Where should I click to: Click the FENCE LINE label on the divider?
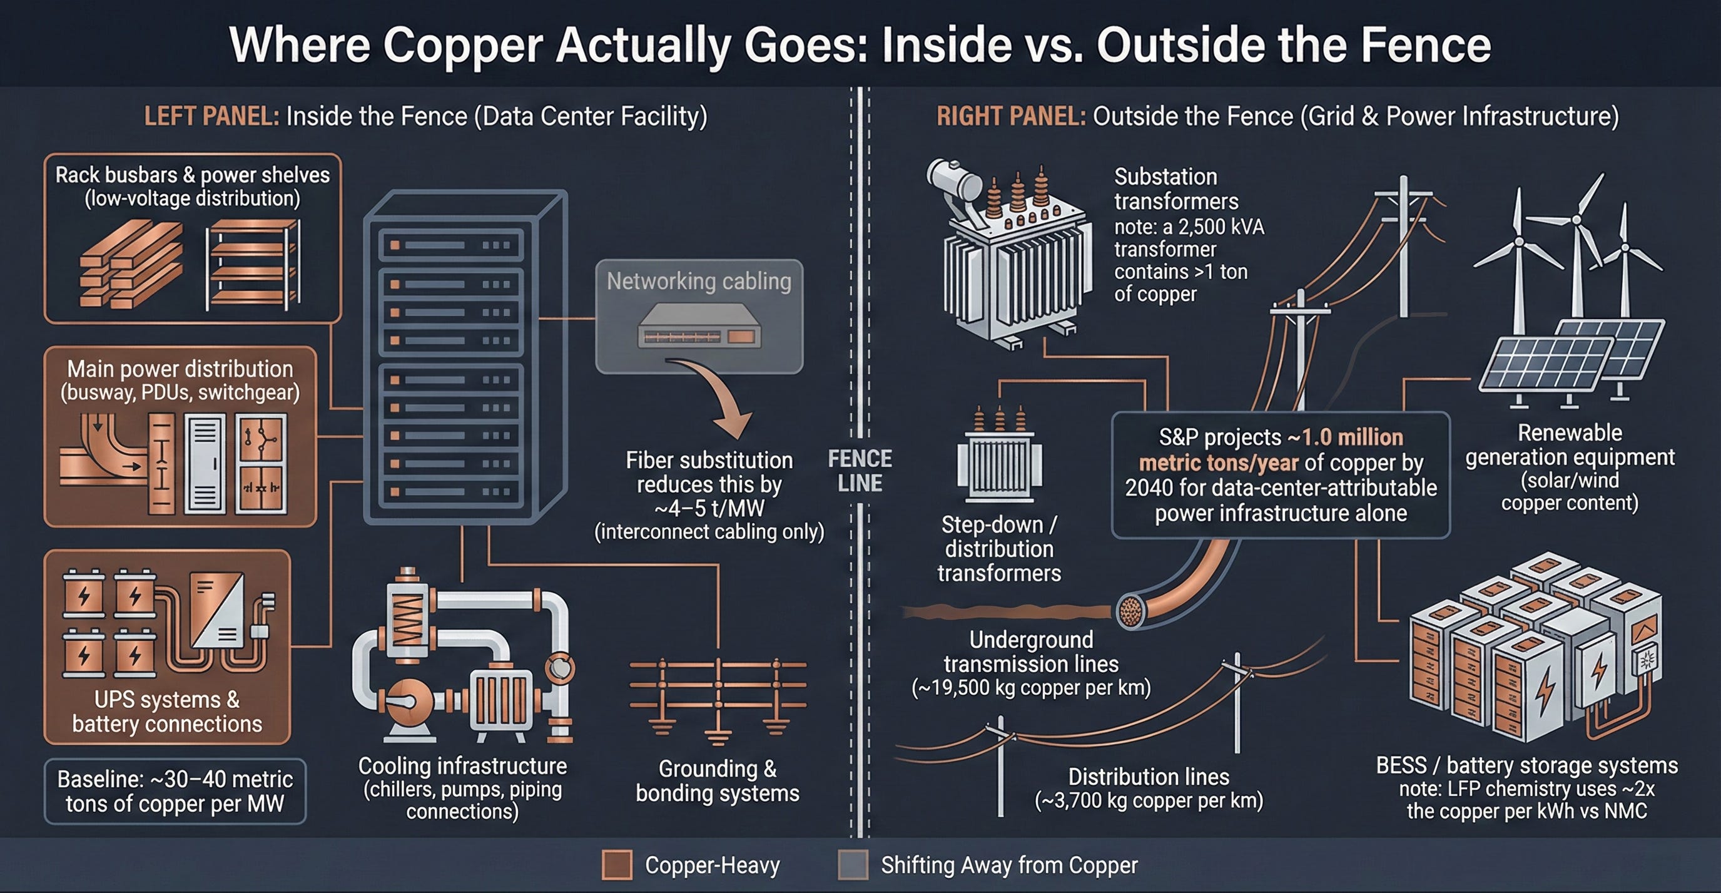860,471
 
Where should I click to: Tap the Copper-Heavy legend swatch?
617,865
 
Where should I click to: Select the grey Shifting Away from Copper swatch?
853,865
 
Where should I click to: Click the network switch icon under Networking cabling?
699,326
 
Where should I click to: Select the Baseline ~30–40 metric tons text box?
175,792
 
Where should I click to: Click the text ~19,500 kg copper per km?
1031,688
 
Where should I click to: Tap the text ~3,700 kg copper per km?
1149,800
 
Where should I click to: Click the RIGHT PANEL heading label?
1010,116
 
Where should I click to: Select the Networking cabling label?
699,282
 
